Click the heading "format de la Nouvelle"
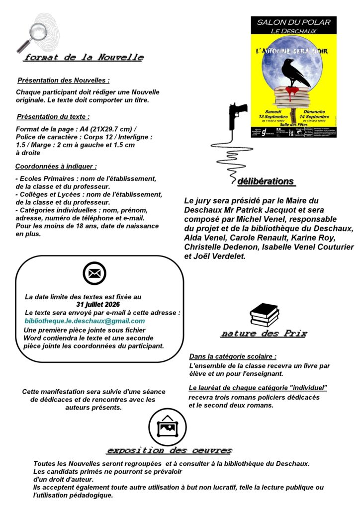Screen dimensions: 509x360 pos(84,58)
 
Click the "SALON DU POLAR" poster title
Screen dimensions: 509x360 pos(293,22)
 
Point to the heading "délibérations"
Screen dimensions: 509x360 pos(266,181)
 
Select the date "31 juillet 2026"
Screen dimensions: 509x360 pos(98,304)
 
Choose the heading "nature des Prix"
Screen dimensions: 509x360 pos(264,334)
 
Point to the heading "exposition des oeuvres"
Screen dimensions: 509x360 pos(169,451)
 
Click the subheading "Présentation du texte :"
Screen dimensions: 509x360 pos(53,117)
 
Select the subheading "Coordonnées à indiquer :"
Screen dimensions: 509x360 pos(56,166)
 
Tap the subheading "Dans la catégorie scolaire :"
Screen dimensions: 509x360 pos(233,356)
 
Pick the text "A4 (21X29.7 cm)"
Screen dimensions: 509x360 pos(103,129)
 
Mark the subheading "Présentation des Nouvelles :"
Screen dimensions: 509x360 pos(63,80)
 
